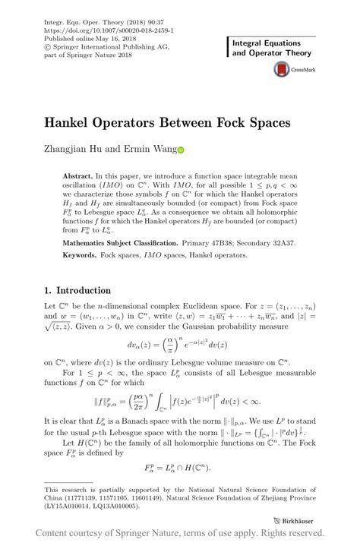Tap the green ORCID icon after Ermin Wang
[181, 150]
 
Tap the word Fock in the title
[229, 122]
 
